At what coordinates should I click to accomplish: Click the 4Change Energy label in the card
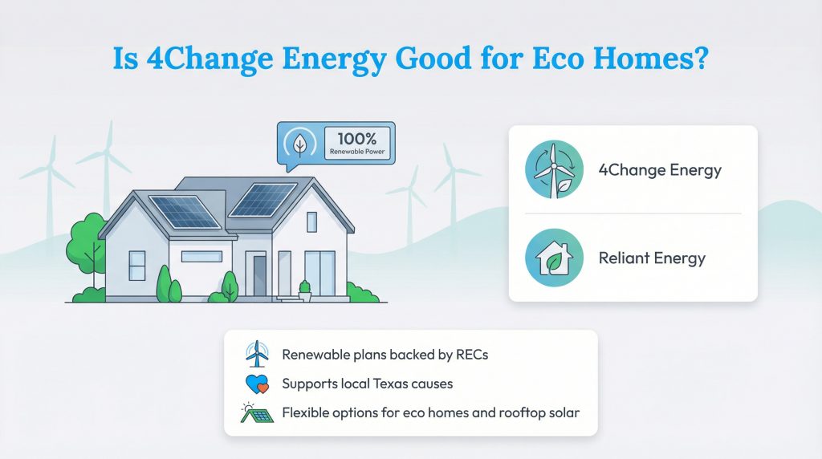[660, 170]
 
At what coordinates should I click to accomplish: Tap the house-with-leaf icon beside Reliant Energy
[553, 259]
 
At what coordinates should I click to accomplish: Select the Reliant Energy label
[652, 258]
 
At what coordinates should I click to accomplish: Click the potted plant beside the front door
[304, 290]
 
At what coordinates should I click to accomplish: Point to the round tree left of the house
[86, 241]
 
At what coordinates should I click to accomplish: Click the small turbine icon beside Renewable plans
[256, 354]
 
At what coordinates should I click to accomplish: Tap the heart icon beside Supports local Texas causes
[256, 384]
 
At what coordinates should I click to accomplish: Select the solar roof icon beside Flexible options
[256, 413]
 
